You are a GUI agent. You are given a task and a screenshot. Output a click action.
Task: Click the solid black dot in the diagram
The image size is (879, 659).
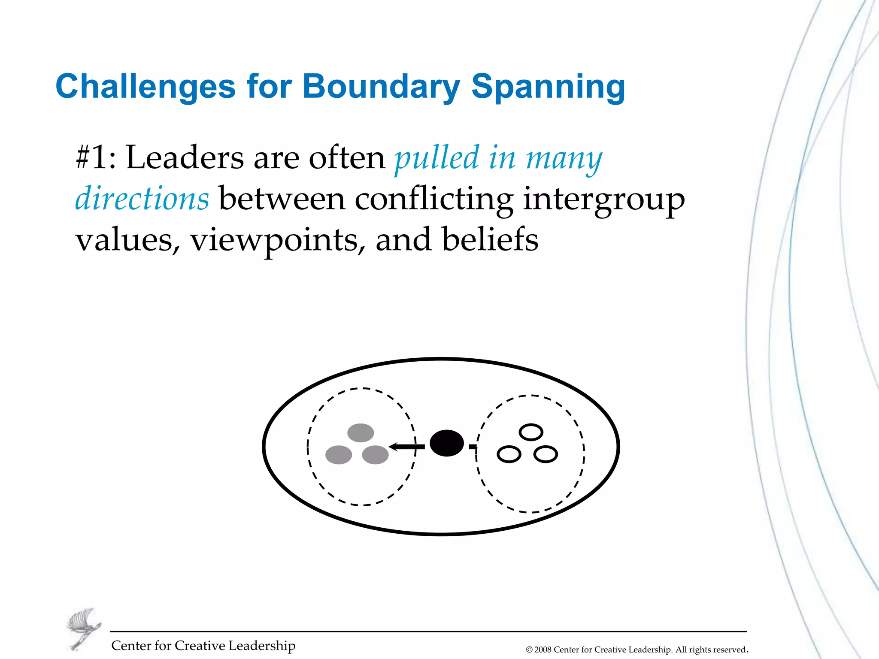click(446, 443)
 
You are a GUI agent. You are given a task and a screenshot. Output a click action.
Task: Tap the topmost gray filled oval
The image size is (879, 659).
click(361, 432)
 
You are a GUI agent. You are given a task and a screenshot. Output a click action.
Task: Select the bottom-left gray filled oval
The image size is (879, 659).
click(339, 455)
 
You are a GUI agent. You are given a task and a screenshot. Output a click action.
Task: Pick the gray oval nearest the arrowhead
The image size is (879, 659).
click(375, 455)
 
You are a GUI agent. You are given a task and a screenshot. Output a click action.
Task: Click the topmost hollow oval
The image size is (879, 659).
click(531, 432)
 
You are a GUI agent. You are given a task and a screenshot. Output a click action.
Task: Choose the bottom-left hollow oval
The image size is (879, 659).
click(509, 454)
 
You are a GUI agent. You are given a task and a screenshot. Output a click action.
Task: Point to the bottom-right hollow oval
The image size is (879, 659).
click(546, 454)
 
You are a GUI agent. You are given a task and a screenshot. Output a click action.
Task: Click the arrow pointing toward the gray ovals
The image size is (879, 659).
click(406, 447)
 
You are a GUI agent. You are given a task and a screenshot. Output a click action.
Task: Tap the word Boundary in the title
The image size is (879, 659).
click(381, 87)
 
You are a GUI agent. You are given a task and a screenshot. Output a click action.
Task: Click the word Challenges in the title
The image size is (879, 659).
click(145, 87)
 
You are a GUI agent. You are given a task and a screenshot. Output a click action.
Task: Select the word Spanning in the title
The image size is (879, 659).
click(548, 88)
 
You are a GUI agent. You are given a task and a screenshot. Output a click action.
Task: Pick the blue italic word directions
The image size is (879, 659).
click(142, 199)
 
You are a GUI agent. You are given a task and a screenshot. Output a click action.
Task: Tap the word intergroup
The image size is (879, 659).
click(603, 200)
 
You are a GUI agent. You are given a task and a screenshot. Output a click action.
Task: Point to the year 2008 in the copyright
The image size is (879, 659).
click(543, 650)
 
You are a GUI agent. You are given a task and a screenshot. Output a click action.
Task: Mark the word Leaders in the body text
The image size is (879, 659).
click(185, 157)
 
